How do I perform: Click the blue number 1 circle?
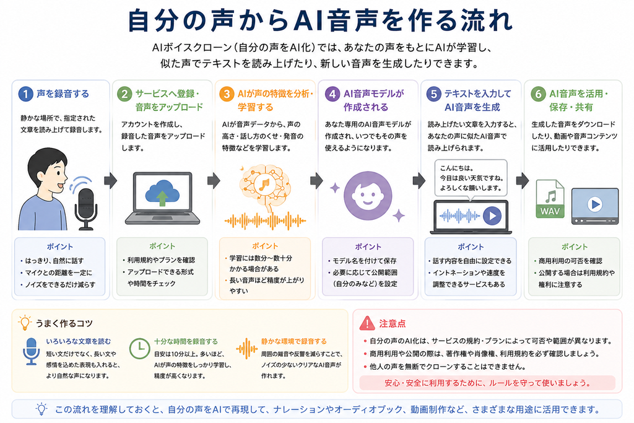click(x=25, y=94)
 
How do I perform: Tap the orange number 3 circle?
click(x=227, y=94)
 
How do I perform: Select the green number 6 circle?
click(x=538, y=94)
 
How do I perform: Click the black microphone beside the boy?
click(x=85, y=208)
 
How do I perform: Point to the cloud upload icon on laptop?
click(x=162, y=193)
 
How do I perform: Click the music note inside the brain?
click(x=264, y=185)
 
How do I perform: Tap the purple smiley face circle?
click(x=368, y=196)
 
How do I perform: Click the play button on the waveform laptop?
click(x=492, y=216)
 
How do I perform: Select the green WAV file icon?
click(x=550, y=199)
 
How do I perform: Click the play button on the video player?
click(x=595, y=204)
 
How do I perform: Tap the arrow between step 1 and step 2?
click(x=110, y=180)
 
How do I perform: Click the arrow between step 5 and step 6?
click(x=523, y=180)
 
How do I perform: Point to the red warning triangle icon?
click(x=367, y=323)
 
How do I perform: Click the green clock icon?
click(x=139, y=348)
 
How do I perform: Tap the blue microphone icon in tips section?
click(x=31, y=351)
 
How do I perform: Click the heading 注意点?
click(x=392, y=323)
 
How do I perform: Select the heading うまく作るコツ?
click(x=64, y=323)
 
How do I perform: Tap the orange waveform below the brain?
click(x=265, y=221)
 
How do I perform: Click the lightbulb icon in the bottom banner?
click(x=41, y=409)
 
